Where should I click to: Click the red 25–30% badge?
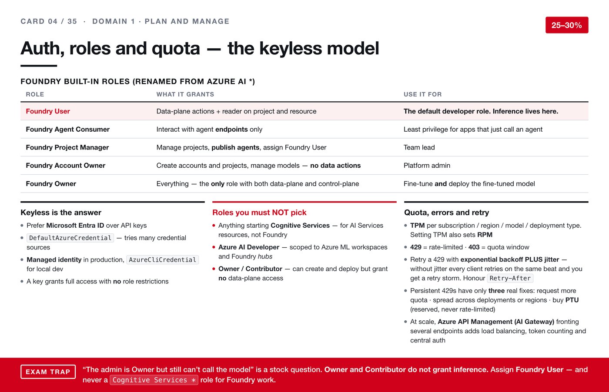pos(567,25)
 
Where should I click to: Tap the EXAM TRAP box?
pos(48,372)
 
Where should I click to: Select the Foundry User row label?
pos(48,111)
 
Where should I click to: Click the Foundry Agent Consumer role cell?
pos(68,130)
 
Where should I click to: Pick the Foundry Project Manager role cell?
pos(67,147)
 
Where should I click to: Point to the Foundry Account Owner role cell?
pos(66,166)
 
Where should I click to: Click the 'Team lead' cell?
pos(419,147)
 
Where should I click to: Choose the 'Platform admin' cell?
pos(427,166)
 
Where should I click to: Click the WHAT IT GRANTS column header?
pos(185,94)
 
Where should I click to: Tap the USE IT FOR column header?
pos(423,94)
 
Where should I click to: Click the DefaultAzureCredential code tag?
pos(70,238)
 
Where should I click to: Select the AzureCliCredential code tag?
pos(163,260)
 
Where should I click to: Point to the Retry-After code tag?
pos(510,278)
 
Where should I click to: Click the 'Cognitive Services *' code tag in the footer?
pos(154,380)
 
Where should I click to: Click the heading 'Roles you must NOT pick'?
pos(259,213)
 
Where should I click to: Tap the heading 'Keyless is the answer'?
pos(61,213)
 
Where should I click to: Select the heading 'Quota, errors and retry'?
pos(446,213)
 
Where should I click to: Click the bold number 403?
pos(474,247)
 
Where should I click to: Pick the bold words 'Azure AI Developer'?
pos(249,247)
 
